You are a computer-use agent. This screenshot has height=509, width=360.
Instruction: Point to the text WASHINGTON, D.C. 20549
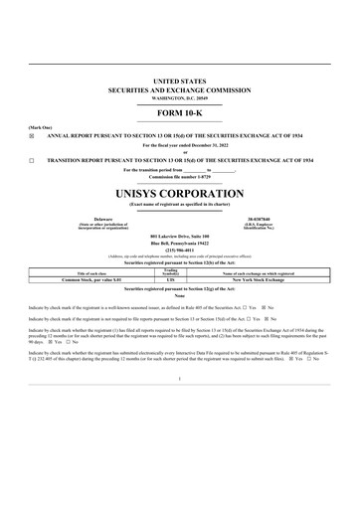click(x=179, y=99)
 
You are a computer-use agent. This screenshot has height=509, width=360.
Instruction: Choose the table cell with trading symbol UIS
click(x=170, y=281)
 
